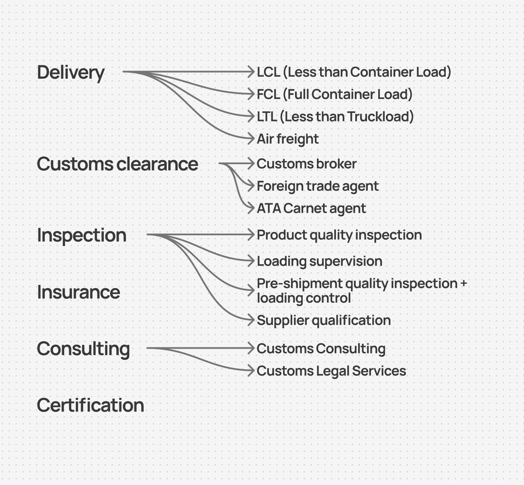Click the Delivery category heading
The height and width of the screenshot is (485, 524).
pyautogui.click(x=71, y=73)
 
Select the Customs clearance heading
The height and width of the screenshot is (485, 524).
pyautogui.click(x=117, y=164)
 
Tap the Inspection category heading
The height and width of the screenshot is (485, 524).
pyautogui.click(x=82, y=235)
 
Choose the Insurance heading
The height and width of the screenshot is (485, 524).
pyautogui.click(x=78, y=292)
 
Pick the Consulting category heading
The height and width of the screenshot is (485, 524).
pyautogui.click(x=83, y=349)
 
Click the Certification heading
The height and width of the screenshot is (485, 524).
pyautogui.click(x=90, y=406)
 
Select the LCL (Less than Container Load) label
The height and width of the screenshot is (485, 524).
pyautogui.click(x=354, y=72)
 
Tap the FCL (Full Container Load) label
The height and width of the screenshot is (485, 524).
pyautogui.click(x=335, y=94)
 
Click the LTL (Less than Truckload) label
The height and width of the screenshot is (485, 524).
pyautogui.click(x=335, y=117)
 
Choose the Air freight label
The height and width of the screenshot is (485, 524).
pyautogui.click(x=287, y=139)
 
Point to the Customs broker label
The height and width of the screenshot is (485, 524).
pyautogui.click(x=306, y=164)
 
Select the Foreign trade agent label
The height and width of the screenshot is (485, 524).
pyautogui.click(x=318, y=186)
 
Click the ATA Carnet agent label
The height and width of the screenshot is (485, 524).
pyautogui.click(x=311, y=208)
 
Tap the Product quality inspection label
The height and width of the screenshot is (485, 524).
pyautogui.click(x=339, y=235)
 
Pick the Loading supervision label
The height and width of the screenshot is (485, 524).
pyautogui.click(x=319, y=261)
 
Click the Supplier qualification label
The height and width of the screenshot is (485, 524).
pyautogui.click(x=324, y=320)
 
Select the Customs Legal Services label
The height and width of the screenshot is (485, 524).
pyautogui.click(x=331, y=371)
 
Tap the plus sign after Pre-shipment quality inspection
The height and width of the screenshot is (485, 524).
pyautogui.click(x=463, y=284)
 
